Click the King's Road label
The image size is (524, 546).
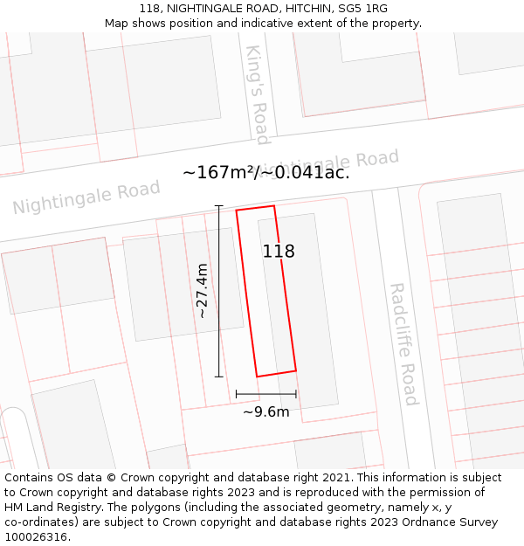point(257,94)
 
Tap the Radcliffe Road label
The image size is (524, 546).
point(403,343)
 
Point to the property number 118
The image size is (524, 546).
point(279,252)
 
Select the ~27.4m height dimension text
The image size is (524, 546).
point(202,290)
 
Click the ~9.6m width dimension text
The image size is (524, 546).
point(265,411)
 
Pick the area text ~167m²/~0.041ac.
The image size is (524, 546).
point(265,172)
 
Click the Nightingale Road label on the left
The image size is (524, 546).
point(86,197)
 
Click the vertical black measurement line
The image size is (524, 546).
point(218,332)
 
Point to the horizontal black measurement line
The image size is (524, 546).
point(265,394)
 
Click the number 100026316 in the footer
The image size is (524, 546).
point(36,537)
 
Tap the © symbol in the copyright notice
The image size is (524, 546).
point(111,478)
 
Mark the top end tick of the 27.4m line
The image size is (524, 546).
point(218,206)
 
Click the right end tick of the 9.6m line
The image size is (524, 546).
point(296,394)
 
